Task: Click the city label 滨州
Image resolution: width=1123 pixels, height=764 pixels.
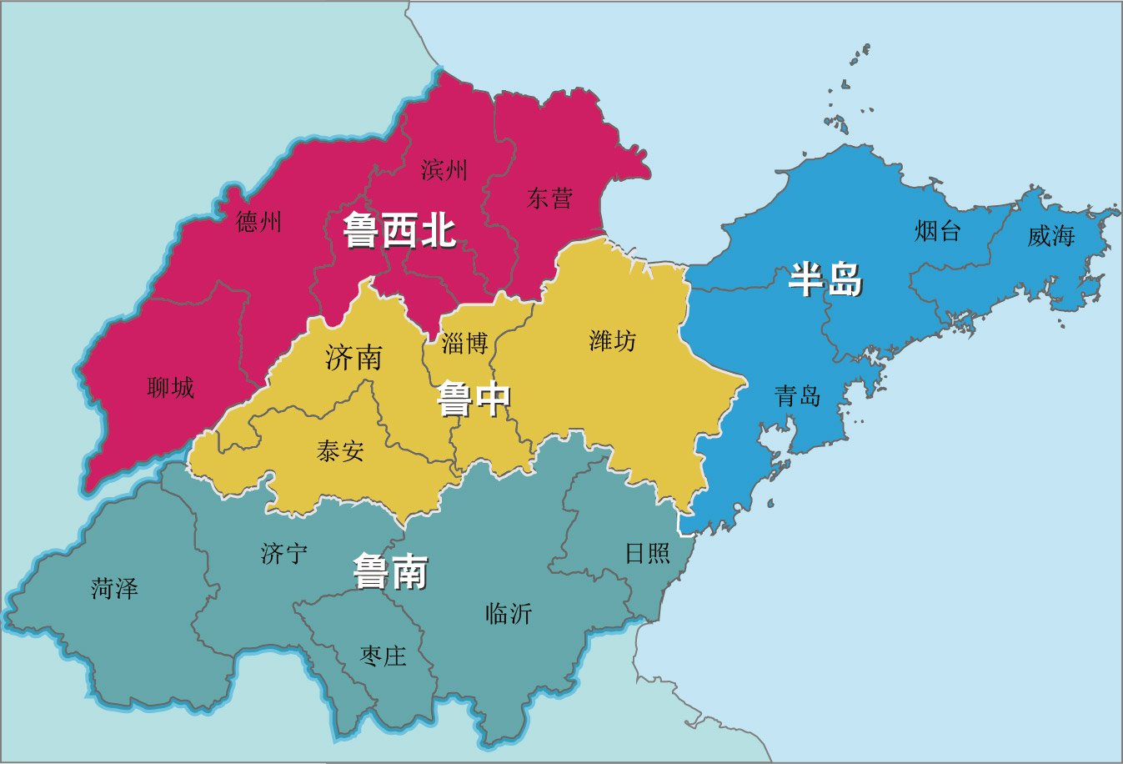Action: point(444,170)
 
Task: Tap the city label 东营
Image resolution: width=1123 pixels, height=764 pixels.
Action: point(549,199)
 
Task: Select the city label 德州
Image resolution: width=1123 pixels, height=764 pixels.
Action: point(258,222)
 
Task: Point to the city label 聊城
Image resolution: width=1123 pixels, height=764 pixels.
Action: point(171,387)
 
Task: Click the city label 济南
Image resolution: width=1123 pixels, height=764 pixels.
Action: point(354,358)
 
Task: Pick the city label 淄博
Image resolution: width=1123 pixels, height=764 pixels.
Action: point(464,343)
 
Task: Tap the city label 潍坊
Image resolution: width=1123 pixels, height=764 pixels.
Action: point(613,340)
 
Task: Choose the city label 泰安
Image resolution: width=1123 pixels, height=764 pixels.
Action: point(341,451)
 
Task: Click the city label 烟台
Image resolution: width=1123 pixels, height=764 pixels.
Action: point(938,230)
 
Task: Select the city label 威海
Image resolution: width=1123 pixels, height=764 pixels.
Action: point(1050,236)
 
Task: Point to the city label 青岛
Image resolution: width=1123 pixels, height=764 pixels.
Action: point(798,395)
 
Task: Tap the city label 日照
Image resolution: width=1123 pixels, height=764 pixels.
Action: point(648,553)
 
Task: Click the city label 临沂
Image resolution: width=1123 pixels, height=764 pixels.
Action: point(509,614)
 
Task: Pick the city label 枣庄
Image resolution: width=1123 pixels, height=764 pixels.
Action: point(384,656)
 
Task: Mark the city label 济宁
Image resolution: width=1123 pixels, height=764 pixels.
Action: point(284,553)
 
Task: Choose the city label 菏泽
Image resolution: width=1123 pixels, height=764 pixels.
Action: point(115,589)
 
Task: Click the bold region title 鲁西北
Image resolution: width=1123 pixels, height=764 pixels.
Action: point(399,230)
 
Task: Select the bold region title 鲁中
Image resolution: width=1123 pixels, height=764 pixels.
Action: point(474,399)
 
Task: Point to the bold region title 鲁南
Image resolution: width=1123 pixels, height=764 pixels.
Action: point(390,572)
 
